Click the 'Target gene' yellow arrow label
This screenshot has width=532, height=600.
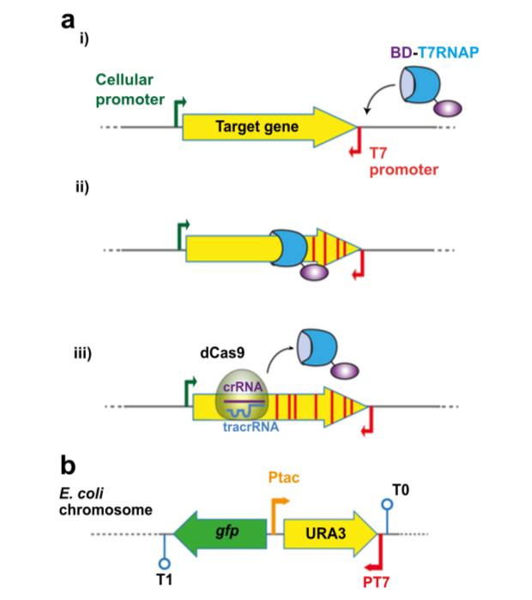(257, 126)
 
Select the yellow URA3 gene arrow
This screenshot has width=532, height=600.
(330, 533)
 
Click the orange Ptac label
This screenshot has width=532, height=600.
(284, 477)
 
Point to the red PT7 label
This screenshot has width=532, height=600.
(376, 582)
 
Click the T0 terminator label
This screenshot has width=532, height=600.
(401, 489)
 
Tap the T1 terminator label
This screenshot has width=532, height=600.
(164, 579)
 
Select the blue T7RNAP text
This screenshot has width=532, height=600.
(449, 52)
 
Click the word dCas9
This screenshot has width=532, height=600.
(222, 352)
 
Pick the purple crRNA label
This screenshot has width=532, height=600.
(243, 387)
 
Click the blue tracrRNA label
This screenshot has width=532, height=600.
(251, 427)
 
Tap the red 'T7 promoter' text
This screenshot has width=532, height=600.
(403, 161)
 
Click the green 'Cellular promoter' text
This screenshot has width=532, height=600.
(130, 89)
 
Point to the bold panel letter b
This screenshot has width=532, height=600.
(68, 465)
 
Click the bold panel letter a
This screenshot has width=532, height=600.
(68, 20)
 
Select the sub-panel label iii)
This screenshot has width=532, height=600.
(82, 353)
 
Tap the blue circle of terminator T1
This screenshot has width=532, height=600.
(164, 563)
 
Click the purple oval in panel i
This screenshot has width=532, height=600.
(448, 108)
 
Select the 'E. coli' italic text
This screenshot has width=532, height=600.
(82, 494)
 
